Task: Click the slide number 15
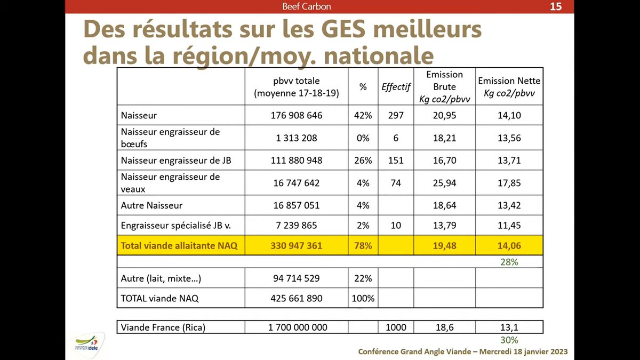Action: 556,6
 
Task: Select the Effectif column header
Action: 396,87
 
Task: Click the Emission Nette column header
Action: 509,86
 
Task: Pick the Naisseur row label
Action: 139,115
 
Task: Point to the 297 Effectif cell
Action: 396,115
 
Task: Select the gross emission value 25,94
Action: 445,183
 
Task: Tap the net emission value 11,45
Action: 509,226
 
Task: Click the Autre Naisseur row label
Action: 151,205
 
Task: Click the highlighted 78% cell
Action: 363,246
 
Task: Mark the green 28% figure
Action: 509,262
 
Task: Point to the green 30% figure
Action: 509,340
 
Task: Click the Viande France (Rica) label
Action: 163,327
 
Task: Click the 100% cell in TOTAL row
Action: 363,299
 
